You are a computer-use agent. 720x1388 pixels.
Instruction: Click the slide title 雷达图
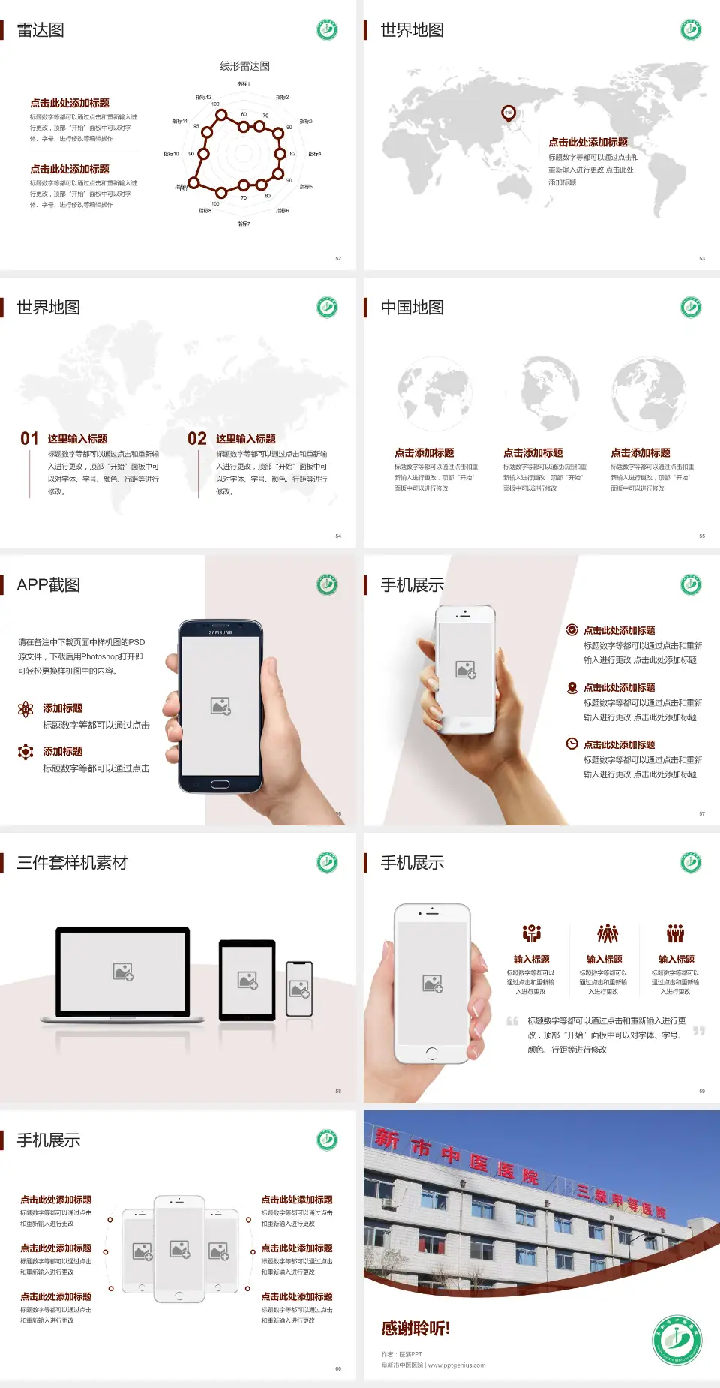pyautogui.click(x=40, y=30)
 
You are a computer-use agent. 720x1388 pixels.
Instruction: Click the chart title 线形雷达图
pyautogui.click(x=244, y=66)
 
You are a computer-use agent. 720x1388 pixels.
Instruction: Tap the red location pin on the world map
pyautogui.click(x=508, y=113)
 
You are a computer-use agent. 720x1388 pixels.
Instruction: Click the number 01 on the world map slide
pyautogui.click(x=29, y=439)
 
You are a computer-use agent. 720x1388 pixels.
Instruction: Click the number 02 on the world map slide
pyautogui.click(x=197, y=439)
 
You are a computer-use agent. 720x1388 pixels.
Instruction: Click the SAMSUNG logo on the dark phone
pyautogui.click(x=220, y=632)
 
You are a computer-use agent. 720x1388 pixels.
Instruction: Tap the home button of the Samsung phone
pyautogui.click(x=220, y=784)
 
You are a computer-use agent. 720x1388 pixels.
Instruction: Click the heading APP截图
pyautogui.click(x=49, y=585)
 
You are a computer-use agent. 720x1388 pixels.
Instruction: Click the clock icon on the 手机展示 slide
pyautogui.click(x=571, y=744)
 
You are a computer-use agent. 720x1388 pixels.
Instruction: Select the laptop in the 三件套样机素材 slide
pyautogui.click(x=123, y=974)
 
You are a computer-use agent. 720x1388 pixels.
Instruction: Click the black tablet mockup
pyautogui.click(x=247, y=979)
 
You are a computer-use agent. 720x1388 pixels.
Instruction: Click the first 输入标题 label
pyautogui.click(x=531, y=959)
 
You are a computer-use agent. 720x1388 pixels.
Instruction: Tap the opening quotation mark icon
pyautogui.click(x=512, y=1020)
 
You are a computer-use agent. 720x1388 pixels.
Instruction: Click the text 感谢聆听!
pyautogui.click(x=415, y=1328)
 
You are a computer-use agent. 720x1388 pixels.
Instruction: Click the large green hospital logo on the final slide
pyautogui.click(x=676, y=1341)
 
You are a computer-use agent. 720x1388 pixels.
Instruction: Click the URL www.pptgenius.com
pyautogui.click(x=457, y=1365)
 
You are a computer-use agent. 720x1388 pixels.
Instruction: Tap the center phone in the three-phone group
pyautogui.click(x=179, y=1248)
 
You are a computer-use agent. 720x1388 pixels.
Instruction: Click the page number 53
pyautogui.click(x=702, y=258)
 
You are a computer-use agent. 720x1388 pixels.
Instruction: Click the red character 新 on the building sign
pyautogui.click(x=387, y=1140)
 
